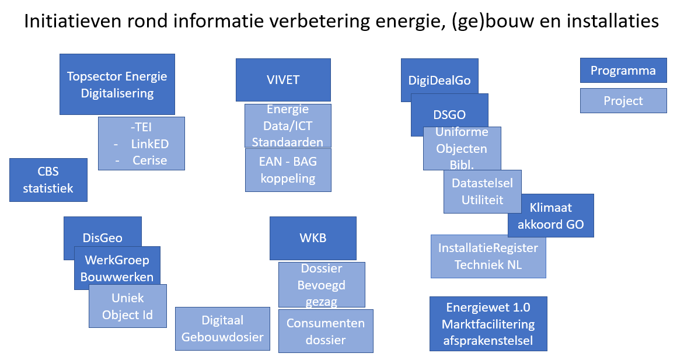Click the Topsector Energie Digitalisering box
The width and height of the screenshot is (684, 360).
click(117, 84)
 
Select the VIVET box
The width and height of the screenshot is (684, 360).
click(283, 80)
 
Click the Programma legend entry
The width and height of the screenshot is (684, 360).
click(623, 71)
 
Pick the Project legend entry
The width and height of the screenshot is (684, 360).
click(623, 100)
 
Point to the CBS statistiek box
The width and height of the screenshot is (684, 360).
click(48, 180)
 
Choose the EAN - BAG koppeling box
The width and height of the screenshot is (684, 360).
click(288, 170)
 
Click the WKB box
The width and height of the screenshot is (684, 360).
click(313, 238)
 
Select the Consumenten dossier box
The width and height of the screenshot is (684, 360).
click(325, 331)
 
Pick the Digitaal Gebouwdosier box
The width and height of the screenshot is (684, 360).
click(222, 328)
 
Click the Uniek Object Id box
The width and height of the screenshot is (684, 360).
click(127, 306)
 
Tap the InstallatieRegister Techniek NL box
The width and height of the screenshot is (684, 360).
click(488, 256)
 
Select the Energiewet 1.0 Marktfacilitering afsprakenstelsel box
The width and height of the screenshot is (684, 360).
click(488, 324)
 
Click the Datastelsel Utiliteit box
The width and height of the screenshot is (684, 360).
click(482, 191)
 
